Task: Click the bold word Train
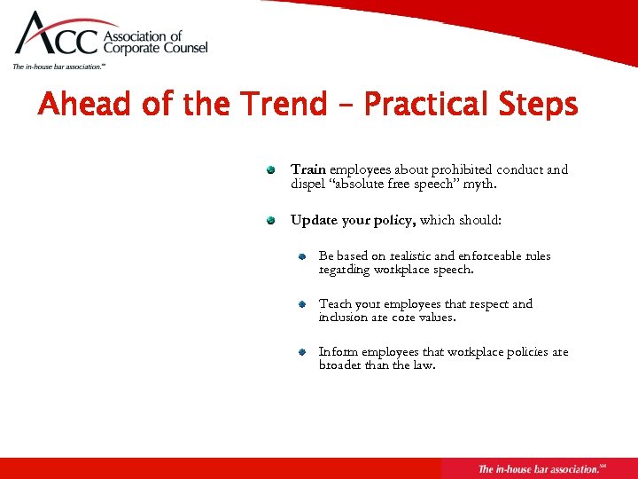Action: click(308, 169)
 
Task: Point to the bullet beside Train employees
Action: click(273, 169)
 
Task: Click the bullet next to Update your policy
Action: click(273, 220)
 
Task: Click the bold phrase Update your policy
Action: click(354, 220)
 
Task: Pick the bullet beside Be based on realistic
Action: click(301, 256)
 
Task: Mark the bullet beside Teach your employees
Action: click(301, 304)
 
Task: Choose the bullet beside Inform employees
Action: click(301, 352)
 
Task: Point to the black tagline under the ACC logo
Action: click(58, 67)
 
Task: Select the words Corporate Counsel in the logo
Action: click(156, 49)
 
